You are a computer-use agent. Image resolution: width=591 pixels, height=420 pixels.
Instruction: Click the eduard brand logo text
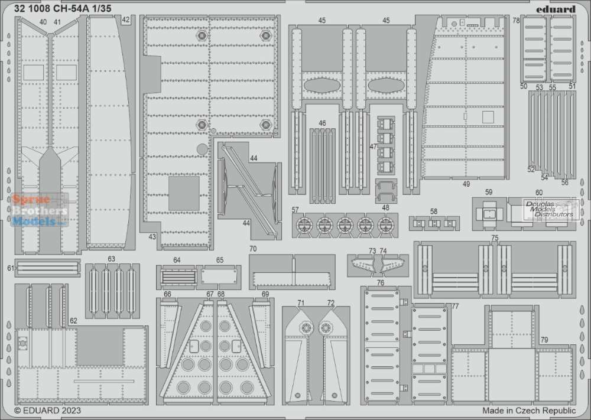(x=556, y=9)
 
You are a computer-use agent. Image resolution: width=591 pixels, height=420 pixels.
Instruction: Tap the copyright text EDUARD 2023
(x=47, y=410)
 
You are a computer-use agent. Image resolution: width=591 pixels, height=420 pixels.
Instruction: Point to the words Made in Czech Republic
(x=529, y=410)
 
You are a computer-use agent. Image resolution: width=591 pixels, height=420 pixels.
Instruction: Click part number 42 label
(x=125, y=20)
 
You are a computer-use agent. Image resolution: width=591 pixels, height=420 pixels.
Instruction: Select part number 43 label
(x=152, y=236)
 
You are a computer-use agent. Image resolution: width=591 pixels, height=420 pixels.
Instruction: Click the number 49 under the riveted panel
(x=466, y=184)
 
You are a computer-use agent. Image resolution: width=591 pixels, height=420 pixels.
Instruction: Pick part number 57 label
(x=295, y=210)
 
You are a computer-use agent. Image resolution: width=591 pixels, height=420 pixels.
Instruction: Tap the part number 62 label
(x=73, y=321)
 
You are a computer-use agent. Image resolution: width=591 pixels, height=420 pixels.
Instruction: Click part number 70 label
(x=253, y=249)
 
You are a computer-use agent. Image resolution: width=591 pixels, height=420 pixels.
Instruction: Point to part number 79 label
(x=544, y=340)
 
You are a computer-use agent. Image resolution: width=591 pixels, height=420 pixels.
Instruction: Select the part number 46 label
(x=322, y=123)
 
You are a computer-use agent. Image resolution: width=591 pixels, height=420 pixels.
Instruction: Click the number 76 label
(x=380, y=282)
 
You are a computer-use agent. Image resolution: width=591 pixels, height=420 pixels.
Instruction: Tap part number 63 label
(x=111, y=259)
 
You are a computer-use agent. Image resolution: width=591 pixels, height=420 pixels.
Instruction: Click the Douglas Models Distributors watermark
(x=550, y=209)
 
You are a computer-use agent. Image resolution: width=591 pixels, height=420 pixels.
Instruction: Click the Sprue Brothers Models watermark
(x=39, y=210)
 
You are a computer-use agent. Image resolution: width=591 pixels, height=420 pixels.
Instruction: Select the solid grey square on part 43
(x=184, y=193)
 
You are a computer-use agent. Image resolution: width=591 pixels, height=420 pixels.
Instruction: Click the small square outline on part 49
(x=488, y=118)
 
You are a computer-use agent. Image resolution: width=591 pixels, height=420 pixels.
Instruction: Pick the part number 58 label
(x=434, y=211)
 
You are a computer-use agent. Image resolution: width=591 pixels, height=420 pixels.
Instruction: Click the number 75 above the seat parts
(x=495, y=237)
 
